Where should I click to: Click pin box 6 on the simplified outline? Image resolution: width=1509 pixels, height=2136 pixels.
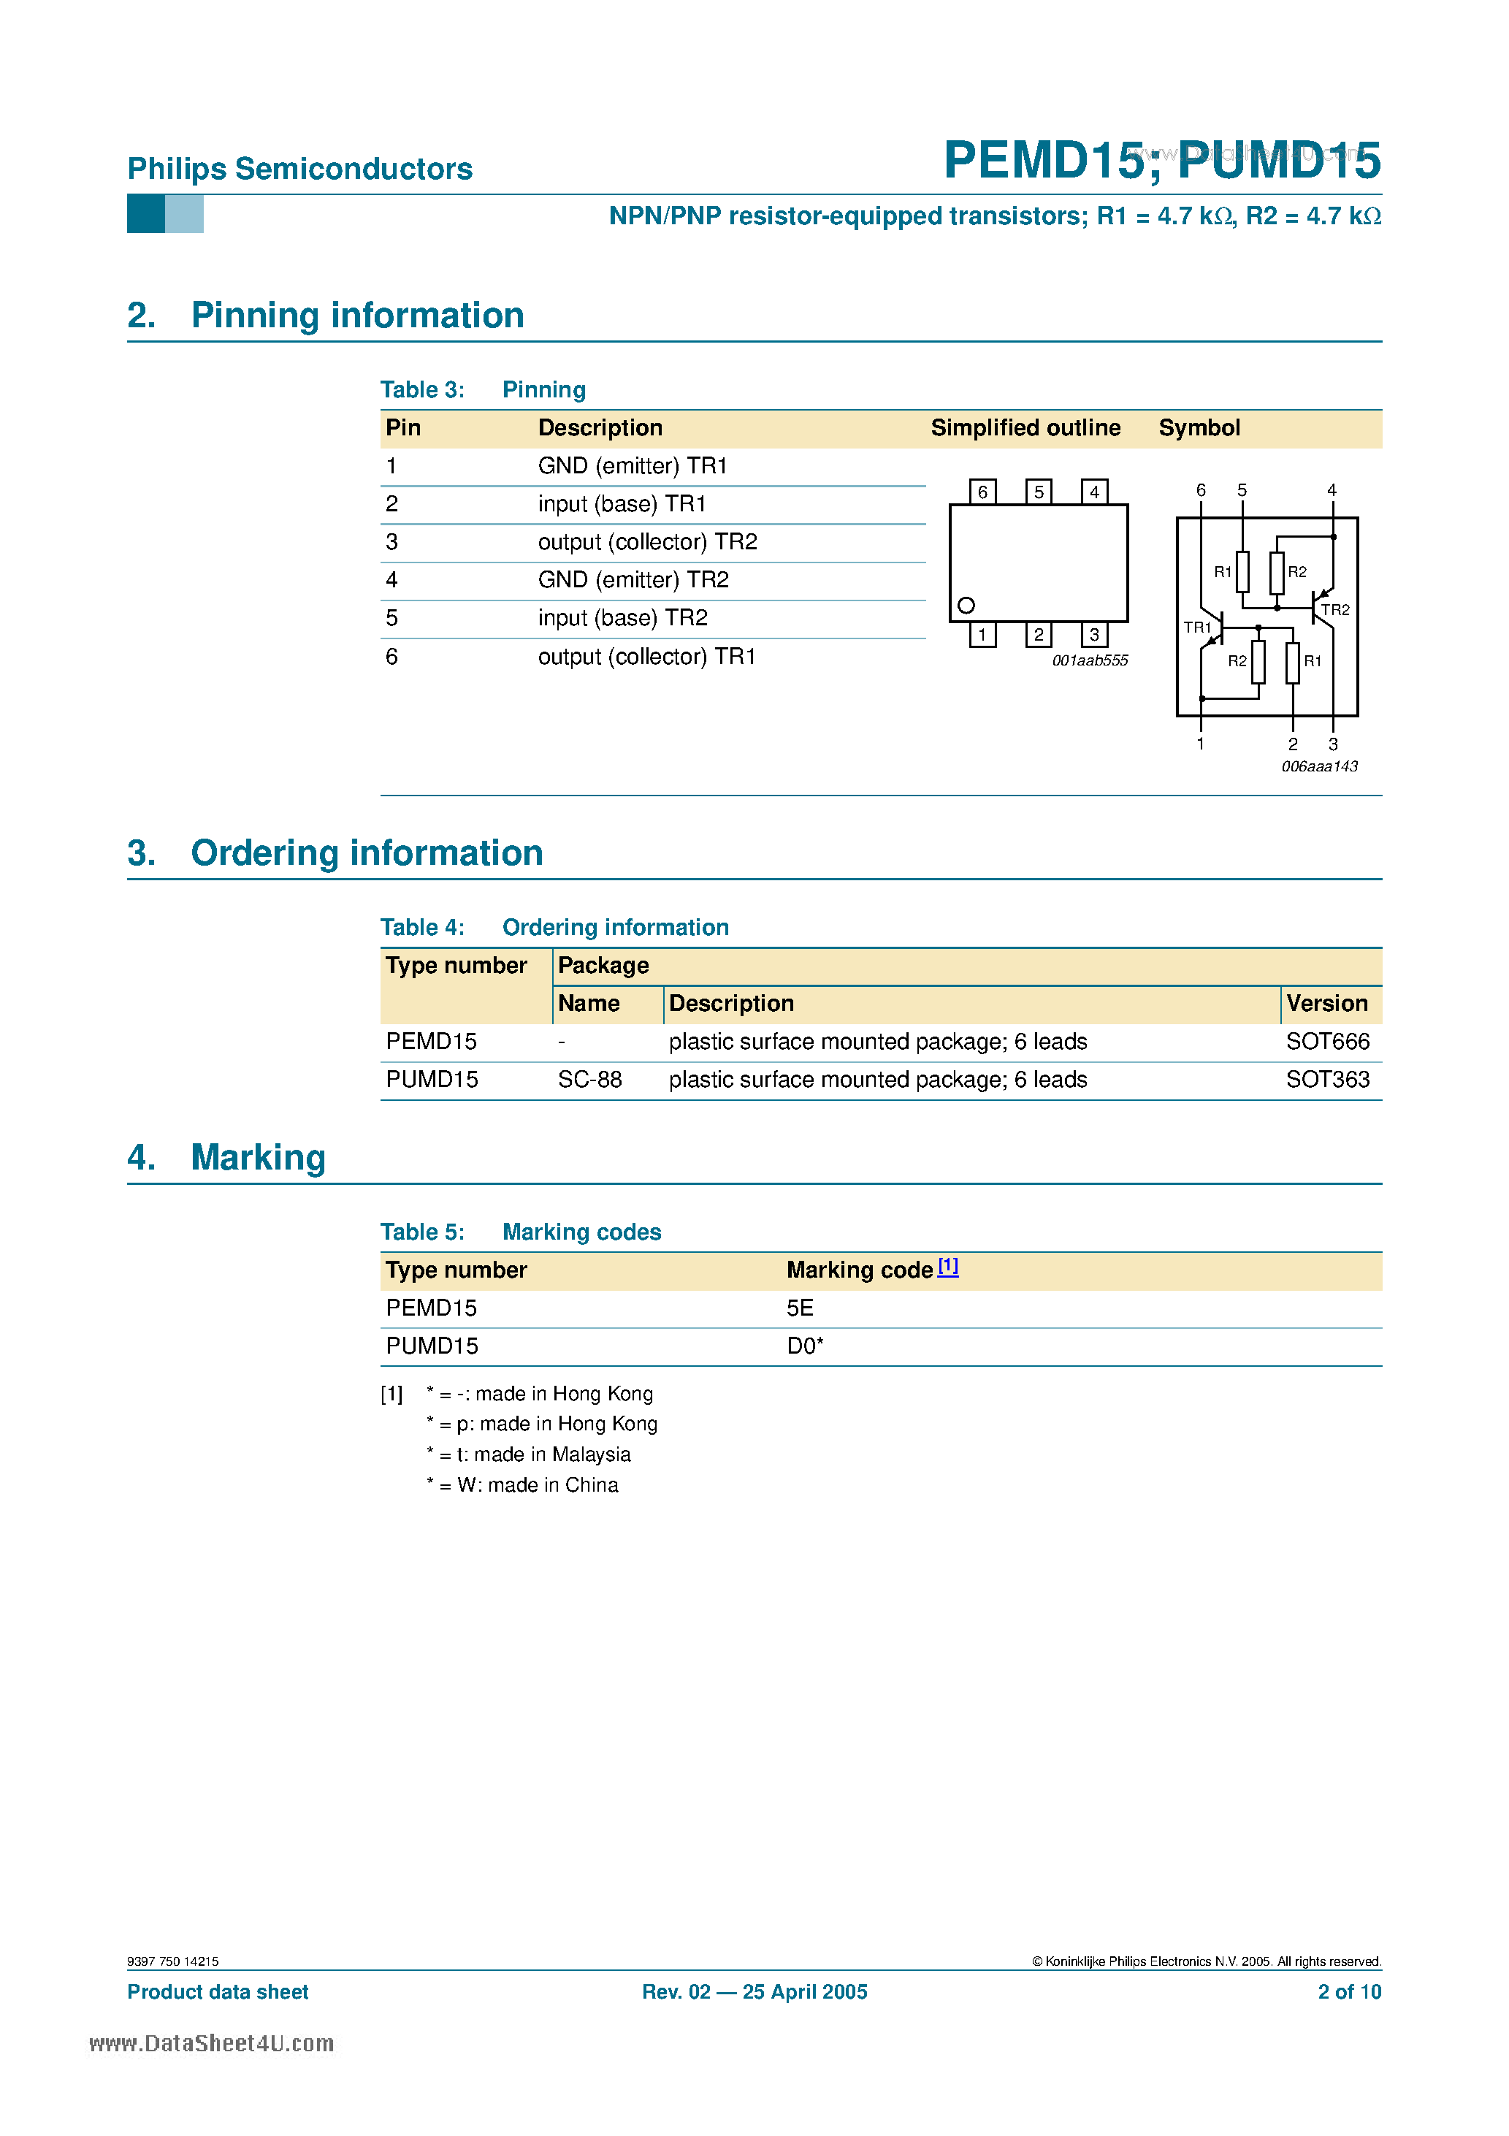click(x=982, y=491)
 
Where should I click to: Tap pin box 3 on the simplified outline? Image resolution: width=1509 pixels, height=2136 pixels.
click(x=1094, y=635)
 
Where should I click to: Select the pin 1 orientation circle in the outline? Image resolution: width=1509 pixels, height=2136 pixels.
click(x=966, y=606)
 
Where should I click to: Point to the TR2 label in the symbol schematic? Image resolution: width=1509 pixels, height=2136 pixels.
click(x=1335, y=610)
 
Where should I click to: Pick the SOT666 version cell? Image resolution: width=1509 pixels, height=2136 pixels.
click(x=1328, y=1042)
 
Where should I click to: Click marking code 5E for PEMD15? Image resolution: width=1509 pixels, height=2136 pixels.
click(x=800, y=1308)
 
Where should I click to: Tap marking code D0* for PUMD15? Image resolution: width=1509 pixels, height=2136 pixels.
click(x=805, y=1346)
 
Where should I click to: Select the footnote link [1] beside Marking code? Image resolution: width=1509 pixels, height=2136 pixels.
click(x=948, y=1266)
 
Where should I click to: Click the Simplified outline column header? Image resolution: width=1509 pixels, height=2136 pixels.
click(x=1025, y=428)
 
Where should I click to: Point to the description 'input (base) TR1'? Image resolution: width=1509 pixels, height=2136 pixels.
click(x=622, y=504)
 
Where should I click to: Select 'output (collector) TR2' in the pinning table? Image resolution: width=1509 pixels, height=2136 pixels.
click(x=648, y=542)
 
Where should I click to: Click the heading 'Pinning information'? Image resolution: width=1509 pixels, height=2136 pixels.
click(x=357, y=316)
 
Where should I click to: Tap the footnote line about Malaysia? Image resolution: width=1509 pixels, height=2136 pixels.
click(x=528, y=1455)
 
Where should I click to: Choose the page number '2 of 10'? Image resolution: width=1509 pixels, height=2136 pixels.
click(x=1349, y=1992)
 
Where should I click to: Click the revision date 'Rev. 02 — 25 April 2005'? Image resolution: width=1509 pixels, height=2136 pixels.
click(x=754, y=1992)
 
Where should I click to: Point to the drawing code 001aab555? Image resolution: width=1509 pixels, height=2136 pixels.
click(x=1090, y=660)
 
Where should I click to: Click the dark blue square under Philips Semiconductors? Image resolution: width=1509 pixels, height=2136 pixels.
click(x=146, y=214)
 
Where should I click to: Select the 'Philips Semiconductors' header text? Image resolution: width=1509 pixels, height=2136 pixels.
click(x=299, y=169)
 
